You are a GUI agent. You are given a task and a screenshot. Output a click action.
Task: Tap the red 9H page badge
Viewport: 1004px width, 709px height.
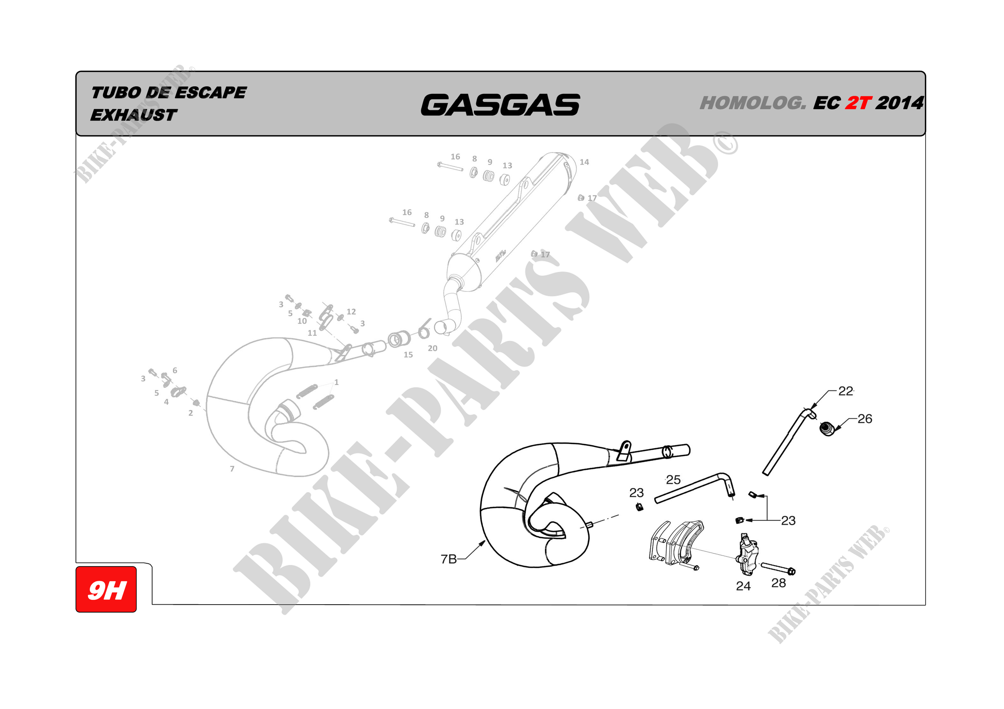coord(106,590)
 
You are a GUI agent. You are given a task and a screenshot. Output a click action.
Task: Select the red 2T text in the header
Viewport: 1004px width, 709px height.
coord(858,103)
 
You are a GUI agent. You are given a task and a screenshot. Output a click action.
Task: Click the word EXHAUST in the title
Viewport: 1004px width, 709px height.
coord(133,115)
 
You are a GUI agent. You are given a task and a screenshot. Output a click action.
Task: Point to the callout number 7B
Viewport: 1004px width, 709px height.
coord(448,559)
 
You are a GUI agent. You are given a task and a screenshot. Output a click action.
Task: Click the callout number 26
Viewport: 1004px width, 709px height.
coord(865,419)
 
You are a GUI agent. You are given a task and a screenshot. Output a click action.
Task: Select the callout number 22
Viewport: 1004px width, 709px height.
coord(845,391)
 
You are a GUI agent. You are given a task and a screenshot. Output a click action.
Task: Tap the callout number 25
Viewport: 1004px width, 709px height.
coord(673,480)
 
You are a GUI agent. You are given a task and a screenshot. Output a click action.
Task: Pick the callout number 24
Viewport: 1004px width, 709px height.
coord(743,586)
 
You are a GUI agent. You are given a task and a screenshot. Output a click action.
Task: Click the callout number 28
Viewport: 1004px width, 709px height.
coord(778,583)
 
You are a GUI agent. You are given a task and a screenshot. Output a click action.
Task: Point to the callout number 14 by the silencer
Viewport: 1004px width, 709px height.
coord(584,162)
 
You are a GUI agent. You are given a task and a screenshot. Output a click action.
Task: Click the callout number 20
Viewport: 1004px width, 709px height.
coord(433,348)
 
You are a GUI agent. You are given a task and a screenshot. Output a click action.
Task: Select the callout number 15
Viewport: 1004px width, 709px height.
coord(408,355)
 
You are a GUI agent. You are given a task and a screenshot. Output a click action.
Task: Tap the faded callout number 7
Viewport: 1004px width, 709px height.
coord(232,469)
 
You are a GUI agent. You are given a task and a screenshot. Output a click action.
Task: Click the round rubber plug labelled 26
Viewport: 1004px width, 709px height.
coord(826,428)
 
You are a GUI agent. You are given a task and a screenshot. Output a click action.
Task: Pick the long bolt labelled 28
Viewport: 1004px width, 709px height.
coord(778,568)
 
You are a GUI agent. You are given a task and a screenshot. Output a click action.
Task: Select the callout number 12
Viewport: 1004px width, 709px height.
coord(351,312)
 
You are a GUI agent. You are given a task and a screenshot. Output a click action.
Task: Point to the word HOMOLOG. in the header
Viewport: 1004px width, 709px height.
coord(753,103)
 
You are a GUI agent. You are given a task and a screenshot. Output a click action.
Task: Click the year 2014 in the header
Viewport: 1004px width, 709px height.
coord(900,103)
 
